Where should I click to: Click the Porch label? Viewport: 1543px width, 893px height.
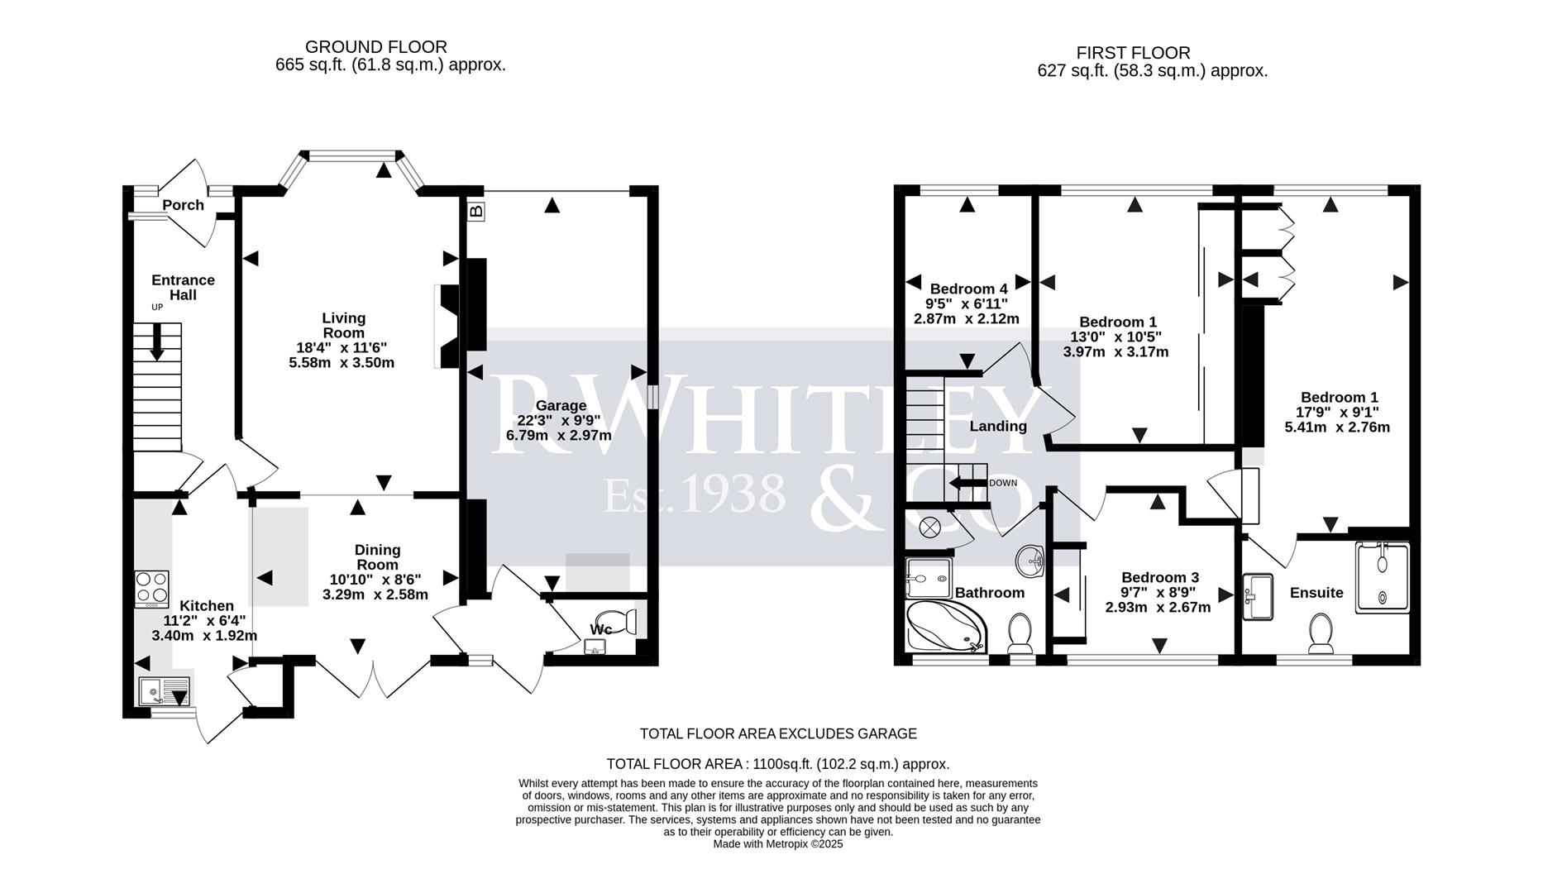coord(183,205)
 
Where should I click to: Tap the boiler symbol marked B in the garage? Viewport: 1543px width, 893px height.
coord(475,212)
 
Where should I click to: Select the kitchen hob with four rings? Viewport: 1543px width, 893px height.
coord(151,589)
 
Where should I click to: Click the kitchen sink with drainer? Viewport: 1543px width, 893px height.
coord(164,690)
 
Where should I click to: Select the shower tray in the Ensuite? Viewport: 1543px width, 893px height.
coord(1382,577)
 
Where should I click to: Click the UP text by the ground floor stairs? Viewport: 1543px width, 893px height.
coord(157,307)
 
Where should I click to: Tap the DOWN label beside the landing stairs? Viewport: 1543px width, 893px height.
coord(1002,483)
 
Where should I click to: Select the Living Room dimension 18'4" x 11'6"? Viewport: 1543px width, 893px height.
coord(342,348)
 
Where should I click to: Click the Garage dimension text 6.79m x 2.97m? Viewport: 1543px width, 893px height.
coord(559,436)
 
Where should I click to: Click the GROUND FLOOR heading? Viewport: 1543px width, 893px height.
coord(376,47)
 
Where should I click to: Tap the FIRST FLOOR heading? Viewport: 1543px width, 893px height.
coord(1133,53)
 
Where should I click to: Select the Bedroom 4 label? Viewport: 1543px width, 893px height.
coord(968,289)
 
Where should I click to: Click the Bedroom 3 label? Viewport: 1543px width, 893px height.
coord(1159,577)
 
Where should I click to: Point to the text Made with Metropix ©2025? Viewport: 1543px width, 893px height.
coord(777,844)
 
